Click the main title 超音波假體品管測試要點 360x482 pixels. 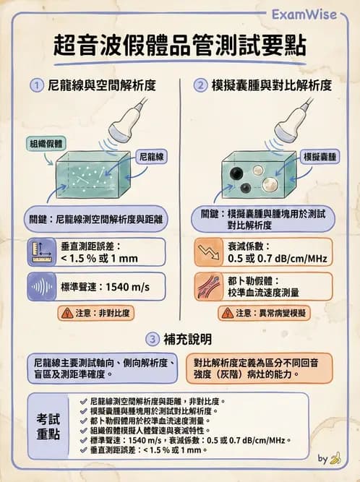tap(179, 46)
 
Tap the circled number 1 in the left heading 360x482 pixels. tap(35, 85)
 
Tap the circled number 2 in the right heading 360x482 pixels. tap(200, 85)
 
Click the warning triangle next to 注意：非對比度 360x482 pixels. tap(67, 313)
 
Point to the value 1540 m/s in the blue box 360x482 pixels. tap(127, 287)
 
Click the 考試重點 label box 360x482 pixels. tap(50, 427)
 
